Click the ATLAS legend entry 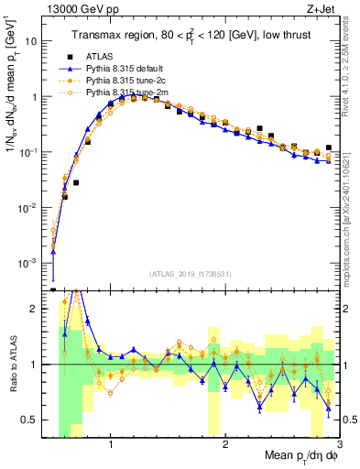click(101, 56)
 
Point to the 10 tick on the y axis click(32, 42)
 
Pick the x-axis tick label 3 click(339, 445)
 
